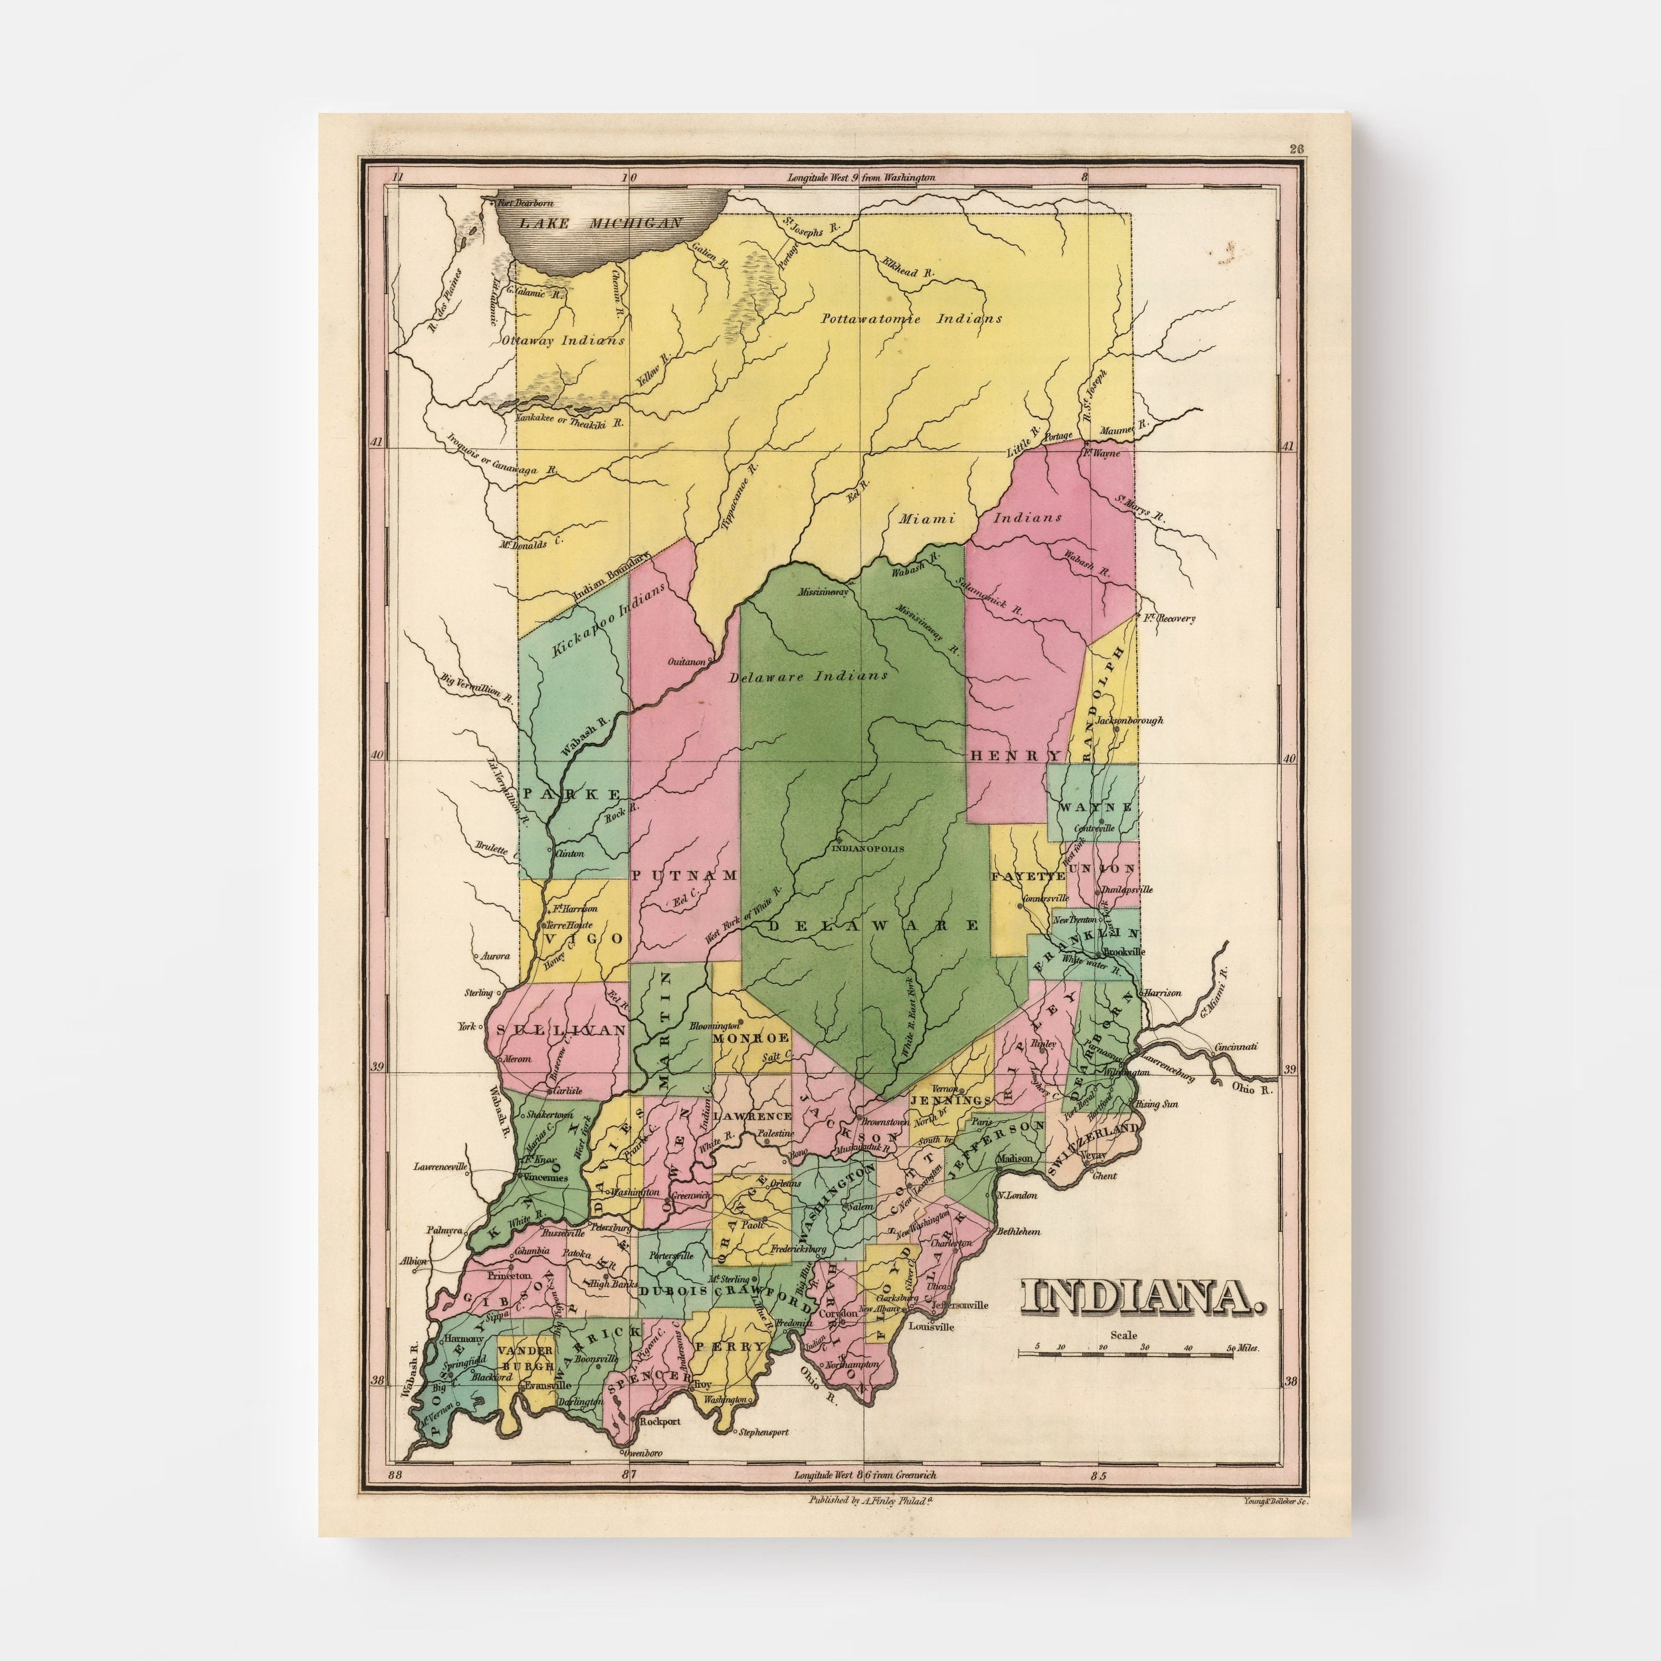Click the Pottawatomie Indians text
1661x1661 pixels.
(x=912, y=318)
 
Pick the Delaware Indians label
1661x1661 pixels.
(x=807, y=676)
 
